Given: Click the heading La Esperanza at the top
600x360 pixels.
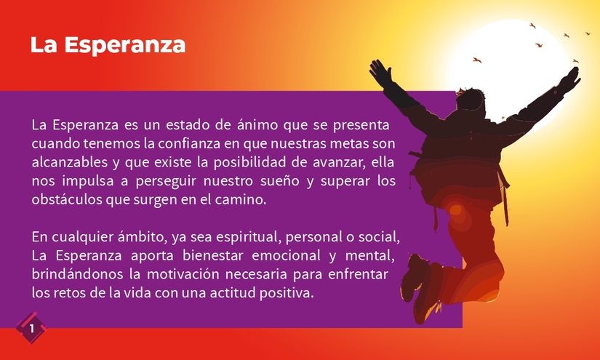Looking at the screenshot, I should pos(108,45).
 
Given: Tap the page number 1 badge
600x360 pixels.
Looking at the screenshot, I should pos(31,329).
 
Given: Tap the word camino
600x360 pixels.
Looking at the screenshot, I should pos(244,198).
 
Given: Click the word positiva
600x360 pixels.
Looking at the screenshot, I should pos(289,294).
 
